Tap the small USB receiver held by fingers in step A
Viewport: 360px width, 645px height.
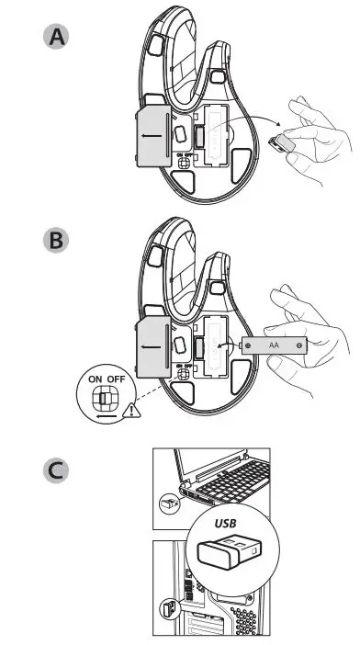286,143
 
